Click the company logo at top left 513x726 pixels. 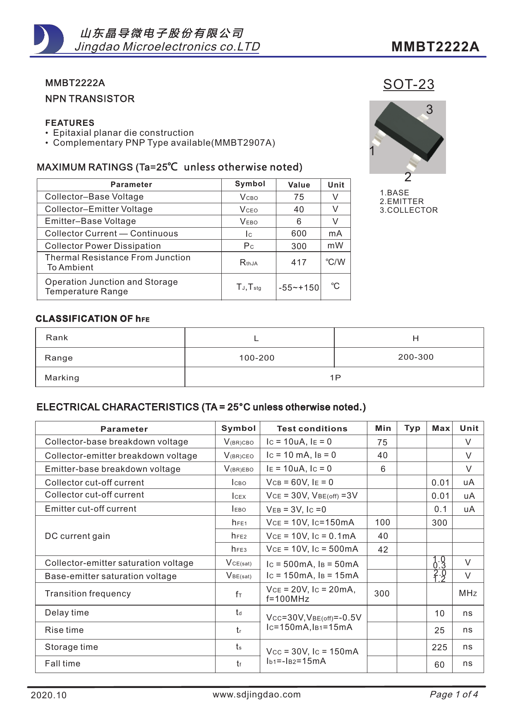(49, 39)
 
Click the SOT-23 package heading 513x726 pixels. (408, 84)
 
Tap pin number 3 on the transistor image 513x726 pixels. (429, 110)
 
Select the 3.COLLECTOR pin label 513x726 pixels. (408, 210)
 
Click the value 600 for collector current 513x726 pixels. (299, 234)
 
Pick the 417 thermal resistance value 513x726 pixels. (299, 262)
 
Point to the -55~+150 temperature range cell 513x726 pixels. (299, 288)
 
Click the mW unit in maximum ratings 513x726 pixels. (335, 245)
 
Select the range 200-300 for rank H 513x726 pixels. (416, 357)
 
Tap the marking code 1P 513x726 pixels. (335, 377)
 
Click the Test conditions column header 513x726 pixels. (312, 429)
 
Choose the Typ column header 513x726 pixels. (412, 428)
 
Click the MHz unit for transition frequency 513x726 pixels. (468, 594)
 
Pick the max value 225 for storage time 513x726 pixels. (439, 647)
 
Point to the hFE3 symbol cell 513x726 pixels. (239, 549)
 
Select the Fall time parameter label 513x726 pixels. (63, 663)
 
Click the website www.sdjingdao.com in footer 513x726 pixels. (256, 695)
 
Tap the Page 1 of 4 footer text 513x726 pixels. (453, 695)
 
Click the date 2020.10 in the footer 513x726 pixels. (48, 695)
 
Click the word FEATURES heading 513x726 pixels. (70, 123)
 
